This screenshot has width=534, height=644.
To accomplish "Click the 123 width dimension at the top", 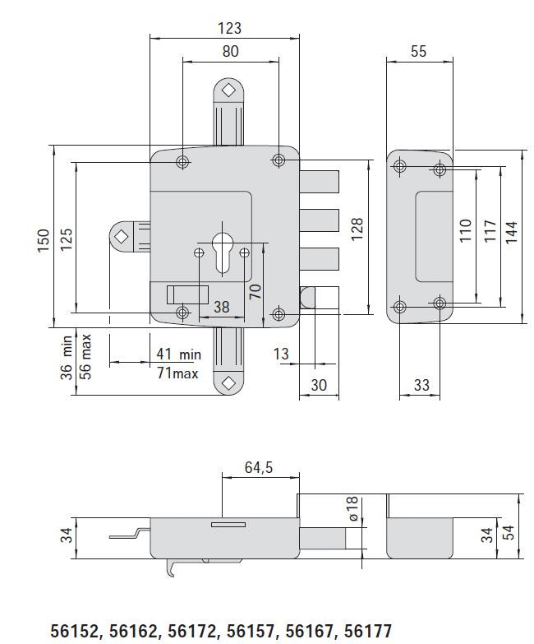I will pyautogui.click(x=230, y=28).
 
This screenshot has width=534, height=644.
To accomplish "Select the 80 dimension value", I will pyautogui.click(x=230, y=51).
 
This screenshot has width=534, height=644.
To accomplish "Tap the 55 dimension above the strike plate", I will pyautogui.click(x=418, y=51).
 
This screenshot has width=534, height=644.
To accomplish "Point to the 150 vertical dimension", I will pyautogui.click(x=44, y=239).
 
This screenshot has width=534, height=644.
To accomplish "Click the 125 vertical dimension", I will pyautogui.click(x=67, y=239).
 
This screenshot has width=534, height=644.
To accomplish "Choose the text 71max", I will pyautogui.click(x=178, y=373).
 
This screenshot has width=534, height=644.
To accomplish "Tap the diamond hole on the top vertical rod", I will pyautogui.click(x=228, y=89).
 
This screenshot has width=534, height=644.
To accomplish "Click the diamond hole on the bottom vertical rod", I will pyautogui.click(x=228, y=382).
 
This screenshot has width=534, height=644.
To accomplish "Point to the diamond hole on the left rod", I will pyautogui.click(x=122, y=236).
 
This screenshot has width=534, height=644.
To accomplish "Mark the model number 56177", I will pyautogui.click(x=369, y=631).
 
